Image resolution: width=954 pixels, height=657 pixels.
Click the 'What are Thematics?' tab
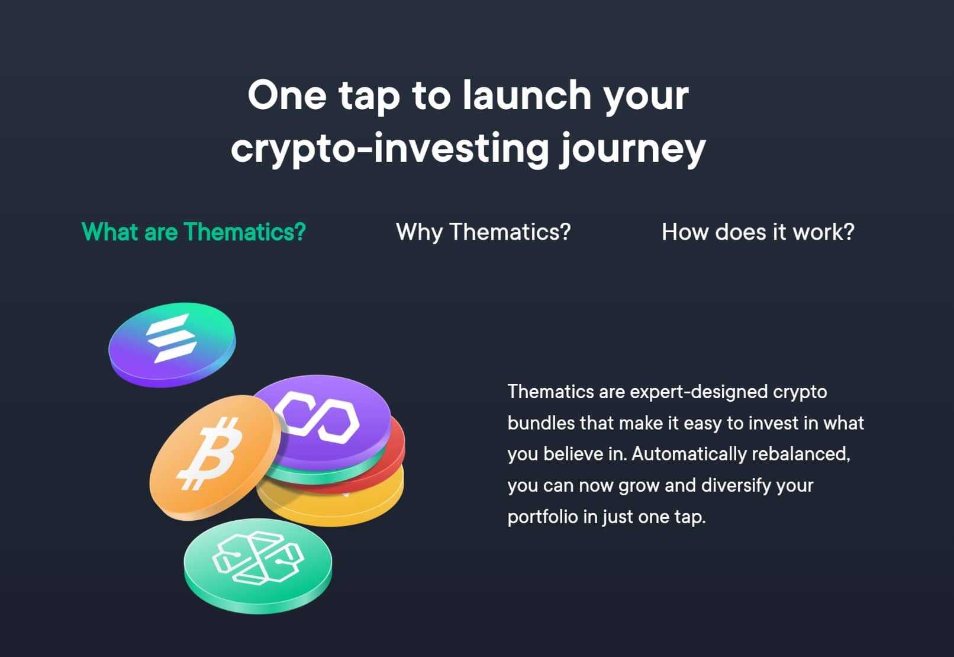point(194,232)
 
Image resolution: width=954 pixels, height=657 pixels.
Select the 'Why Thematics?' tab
point(483,232)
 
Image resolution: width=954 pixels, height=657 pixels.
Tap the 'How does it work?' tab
point(758,232)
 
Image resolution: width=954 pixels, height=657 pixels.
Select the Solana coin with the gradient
point(172,344)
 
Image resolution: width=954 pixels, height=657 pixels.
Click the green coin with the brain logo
point(258,566)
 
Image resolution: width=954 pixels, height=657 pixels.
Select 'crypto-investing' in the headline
point(390,149)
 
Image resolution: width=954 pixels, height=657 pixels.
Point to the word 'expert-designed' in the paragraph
point(698,392)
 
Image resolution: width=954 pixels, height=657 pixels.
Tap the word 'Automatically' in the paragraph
point(689,454)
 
